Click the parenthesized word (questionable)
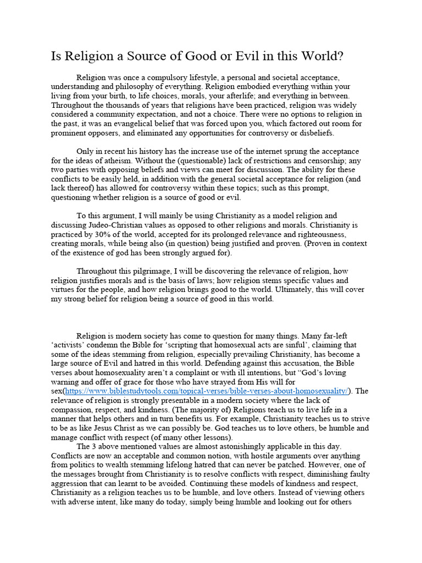click(x=196, y=161)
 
